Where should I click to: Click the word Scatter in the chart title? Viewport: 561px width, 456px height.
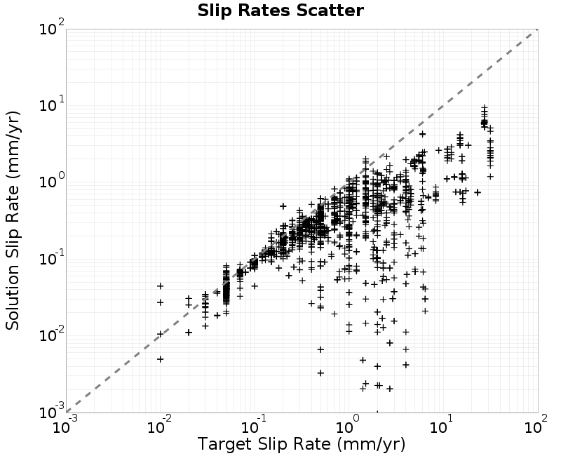330,11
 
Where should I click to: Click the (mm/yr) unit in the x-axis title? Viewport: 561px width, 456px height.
371,444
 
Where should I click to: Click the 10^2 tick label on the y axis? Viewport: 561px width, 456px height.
52,27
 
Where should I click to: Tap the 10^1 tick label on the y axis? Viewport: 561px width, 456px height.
52,105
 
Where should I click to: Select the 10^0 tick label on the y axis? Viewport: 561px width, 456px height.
52,181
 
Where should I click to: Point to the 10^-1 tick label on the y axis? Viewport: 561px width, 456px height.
52,258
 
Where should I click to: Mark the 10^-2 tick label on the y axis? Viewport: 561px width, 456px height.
52,335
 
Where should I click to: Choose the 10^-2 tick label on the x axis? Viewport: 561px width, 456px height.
160,425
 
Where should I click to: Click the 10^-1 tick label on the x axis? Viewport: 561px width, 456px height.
255,425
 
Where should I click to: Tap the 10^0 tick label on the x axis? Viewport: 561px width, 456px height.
349,425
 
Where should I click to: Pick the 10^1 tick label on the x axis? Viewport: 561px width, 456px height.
443,425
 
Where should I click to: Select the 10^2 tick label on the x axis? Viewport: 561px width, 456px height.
536,425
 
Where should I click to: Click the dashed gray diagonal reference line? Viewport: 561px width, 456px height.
302,221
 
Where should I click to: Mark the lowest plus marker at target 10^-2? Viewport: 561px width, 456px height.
161,359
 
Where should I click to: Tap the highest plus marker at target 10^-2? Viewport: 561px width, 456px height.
161,286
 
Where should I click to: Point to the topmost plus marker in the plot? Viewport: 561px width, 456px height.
484,107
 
